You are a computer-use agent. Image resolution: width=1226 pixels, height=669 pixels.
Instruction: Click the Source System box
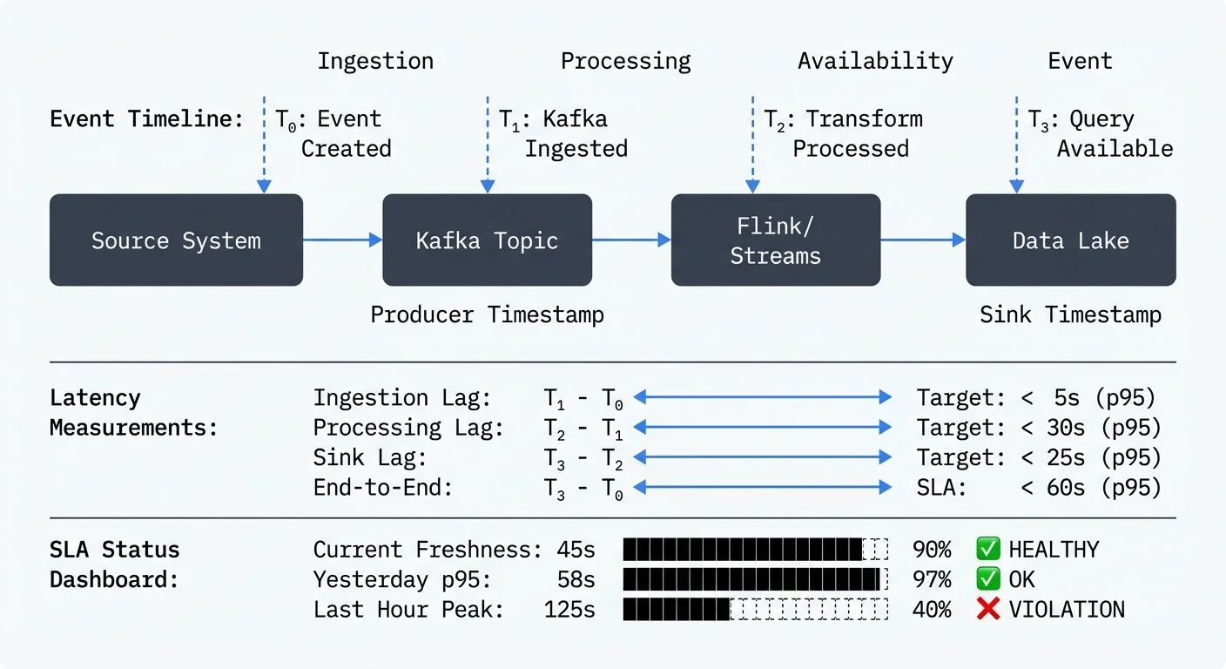176,240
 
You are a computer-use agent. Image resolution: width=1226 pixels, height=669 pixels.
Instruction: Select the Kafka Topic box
487,240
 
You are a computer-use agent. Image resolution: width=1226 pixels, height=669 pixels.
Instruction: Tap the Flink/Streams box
775,240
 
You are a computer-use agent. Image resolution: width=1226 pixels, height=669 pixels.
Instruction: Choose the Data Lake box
1070,240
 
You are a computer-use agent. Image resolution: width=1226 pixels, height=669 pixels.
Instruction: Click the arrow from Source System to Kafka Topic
342,240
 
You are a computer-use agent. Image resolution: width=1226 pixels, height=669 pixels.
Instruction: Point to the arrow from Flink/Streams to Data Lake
923,240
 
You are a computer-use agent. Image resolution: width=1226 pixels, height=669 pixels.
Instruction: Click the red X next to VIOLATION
987,609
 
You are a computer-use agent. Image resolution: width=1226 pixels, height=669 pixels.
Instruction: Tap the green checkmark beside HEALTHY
987,550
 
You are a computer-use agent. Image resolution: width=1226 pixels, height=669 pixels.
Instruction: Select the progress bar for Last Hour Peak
756,609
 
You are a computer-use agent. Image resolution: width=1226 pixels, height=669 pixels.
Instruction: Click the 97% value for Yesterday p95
932,579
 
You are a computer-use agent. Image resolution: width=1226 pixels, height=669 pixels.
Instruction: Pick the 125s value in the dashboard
569,609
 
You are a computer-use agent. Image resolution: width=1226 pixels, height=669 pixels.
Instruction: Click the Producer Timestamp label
487,314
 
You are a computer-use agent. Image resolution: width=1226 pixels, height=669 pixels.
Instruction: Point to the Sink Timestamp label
1070,314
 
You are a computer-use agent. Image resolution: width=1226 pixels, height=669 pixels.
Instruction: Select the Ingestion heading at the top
375,61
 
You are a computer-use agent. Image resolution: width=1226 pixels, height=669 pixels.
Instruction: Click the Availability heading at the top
875,61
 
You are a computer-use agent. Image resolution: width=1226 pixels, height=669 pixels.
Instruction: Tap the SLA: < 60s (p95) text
1038,488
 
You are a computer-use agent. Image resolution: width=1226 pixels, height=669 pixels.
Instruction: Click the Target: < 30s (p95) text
1038,428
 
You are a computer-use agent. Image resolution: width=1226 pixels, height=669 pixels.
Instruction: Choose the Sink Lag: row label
370,458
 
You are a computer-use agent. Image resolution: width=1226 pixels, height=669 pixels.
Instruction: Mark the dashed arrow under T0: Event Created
264,148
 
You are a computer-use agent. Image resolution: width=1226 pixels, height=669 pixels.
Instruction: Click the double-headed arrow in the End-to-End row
763,488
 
